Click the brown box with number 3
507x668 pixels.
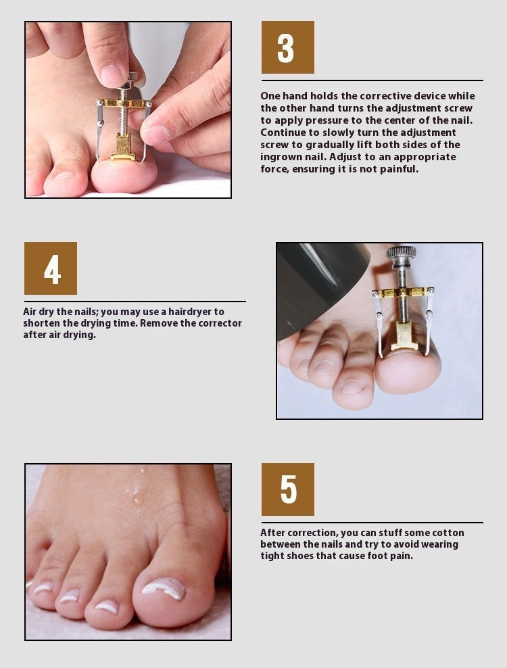(x=287, y=47)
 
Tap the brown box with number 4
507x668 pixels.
(x=51, y=268)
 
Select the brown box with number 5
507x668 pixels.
(x=287, y=490)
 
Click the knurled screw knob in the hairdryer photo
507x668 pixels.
(x=402, y=252)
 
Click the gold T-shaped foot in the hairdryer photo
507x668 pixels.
(x=404, y=336)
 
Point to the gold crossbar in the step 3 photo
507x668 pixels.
(x=124, y=103)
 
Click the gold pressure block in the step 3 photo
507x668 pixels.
(x=123, y=147)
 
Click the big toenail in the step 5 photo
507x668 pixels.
(x=164, y=588)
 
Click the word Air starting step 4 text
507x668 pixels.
(x=30, y=312)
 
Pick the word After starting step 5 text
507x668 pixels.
(x=272, y=533)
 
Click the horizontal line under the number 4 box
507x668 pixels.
(x=135, y=302)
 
